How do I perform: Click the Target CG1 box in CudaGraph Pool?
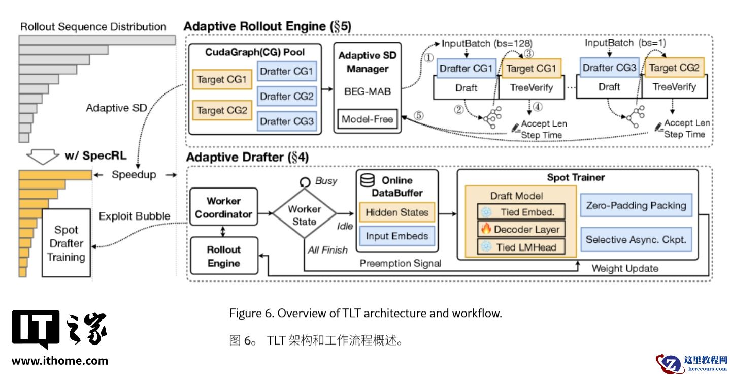[222, 80]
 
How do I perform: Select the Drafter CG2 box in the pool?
[287, 96]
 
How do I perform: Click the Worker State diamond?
[305, 215]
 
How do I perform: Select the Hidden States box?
[396, 212]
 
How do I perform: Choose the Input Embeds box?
[396, 236]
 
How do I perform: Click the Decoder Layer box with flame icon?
[520, 229]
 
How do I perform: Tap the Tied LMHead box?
[520, 247]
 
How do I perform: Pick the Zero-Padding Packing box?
[636, 206]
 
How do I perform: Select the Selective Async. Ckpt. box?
[636, 239]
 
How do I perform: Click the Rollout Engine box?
[223, 256]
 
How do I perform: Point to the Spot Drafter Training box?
[66, 243]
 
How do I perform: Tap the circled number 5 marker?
[418, 115]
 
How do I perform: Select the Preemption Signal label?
[400, 263]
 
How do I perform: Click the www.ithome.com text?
[59, 361]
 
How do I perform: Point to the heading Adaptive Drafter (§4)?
[247, 157]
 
